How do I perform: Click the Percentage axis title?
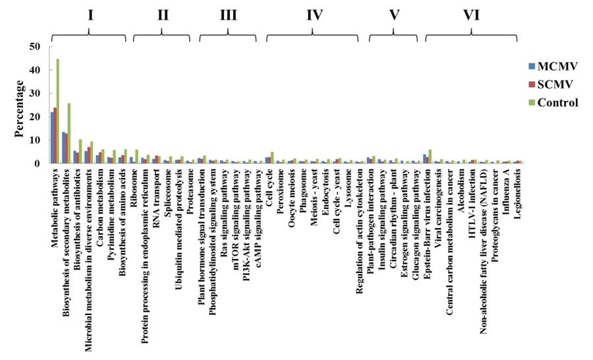[x=20, y=108]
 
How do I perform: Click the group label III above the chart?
[x=228, y=15]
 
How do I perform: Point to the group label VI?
[x=471, y=15]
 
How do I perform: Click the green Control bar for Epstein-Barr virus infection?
[x=430, y=156]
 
